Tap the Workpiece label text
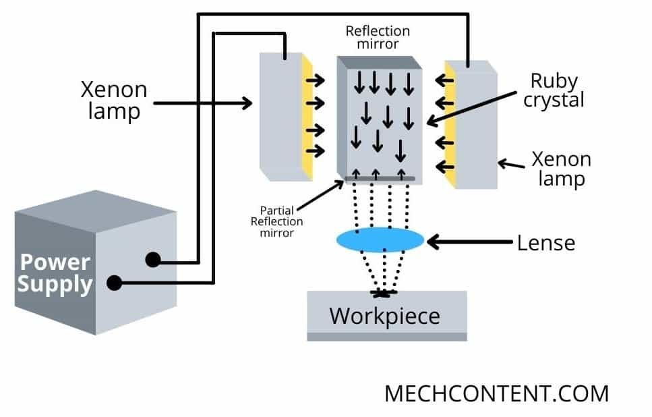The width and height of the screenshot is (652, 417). coord(384,315)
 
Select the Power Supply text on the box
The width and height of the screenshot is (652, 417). coord(55,273)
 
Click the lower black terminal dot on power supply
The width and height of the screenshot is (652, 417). coord(115,283)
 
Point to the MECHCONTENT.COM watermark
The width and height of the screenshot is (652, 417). coord(496,393)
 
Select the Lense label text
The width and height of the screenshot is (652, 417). coord(545,242)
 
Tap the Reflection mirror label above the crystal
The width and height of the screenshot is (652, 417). coord(378,38)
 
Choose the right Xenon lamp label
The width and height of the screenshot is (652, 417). coord(561,169)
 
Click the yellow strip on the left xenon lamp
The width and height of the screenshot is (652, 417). coord(307,118)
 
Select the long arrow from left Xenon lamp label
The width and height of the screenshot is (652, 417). coord(202,103)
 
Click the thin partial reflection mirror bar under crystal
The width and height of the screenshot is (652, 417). coord(380,178)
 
